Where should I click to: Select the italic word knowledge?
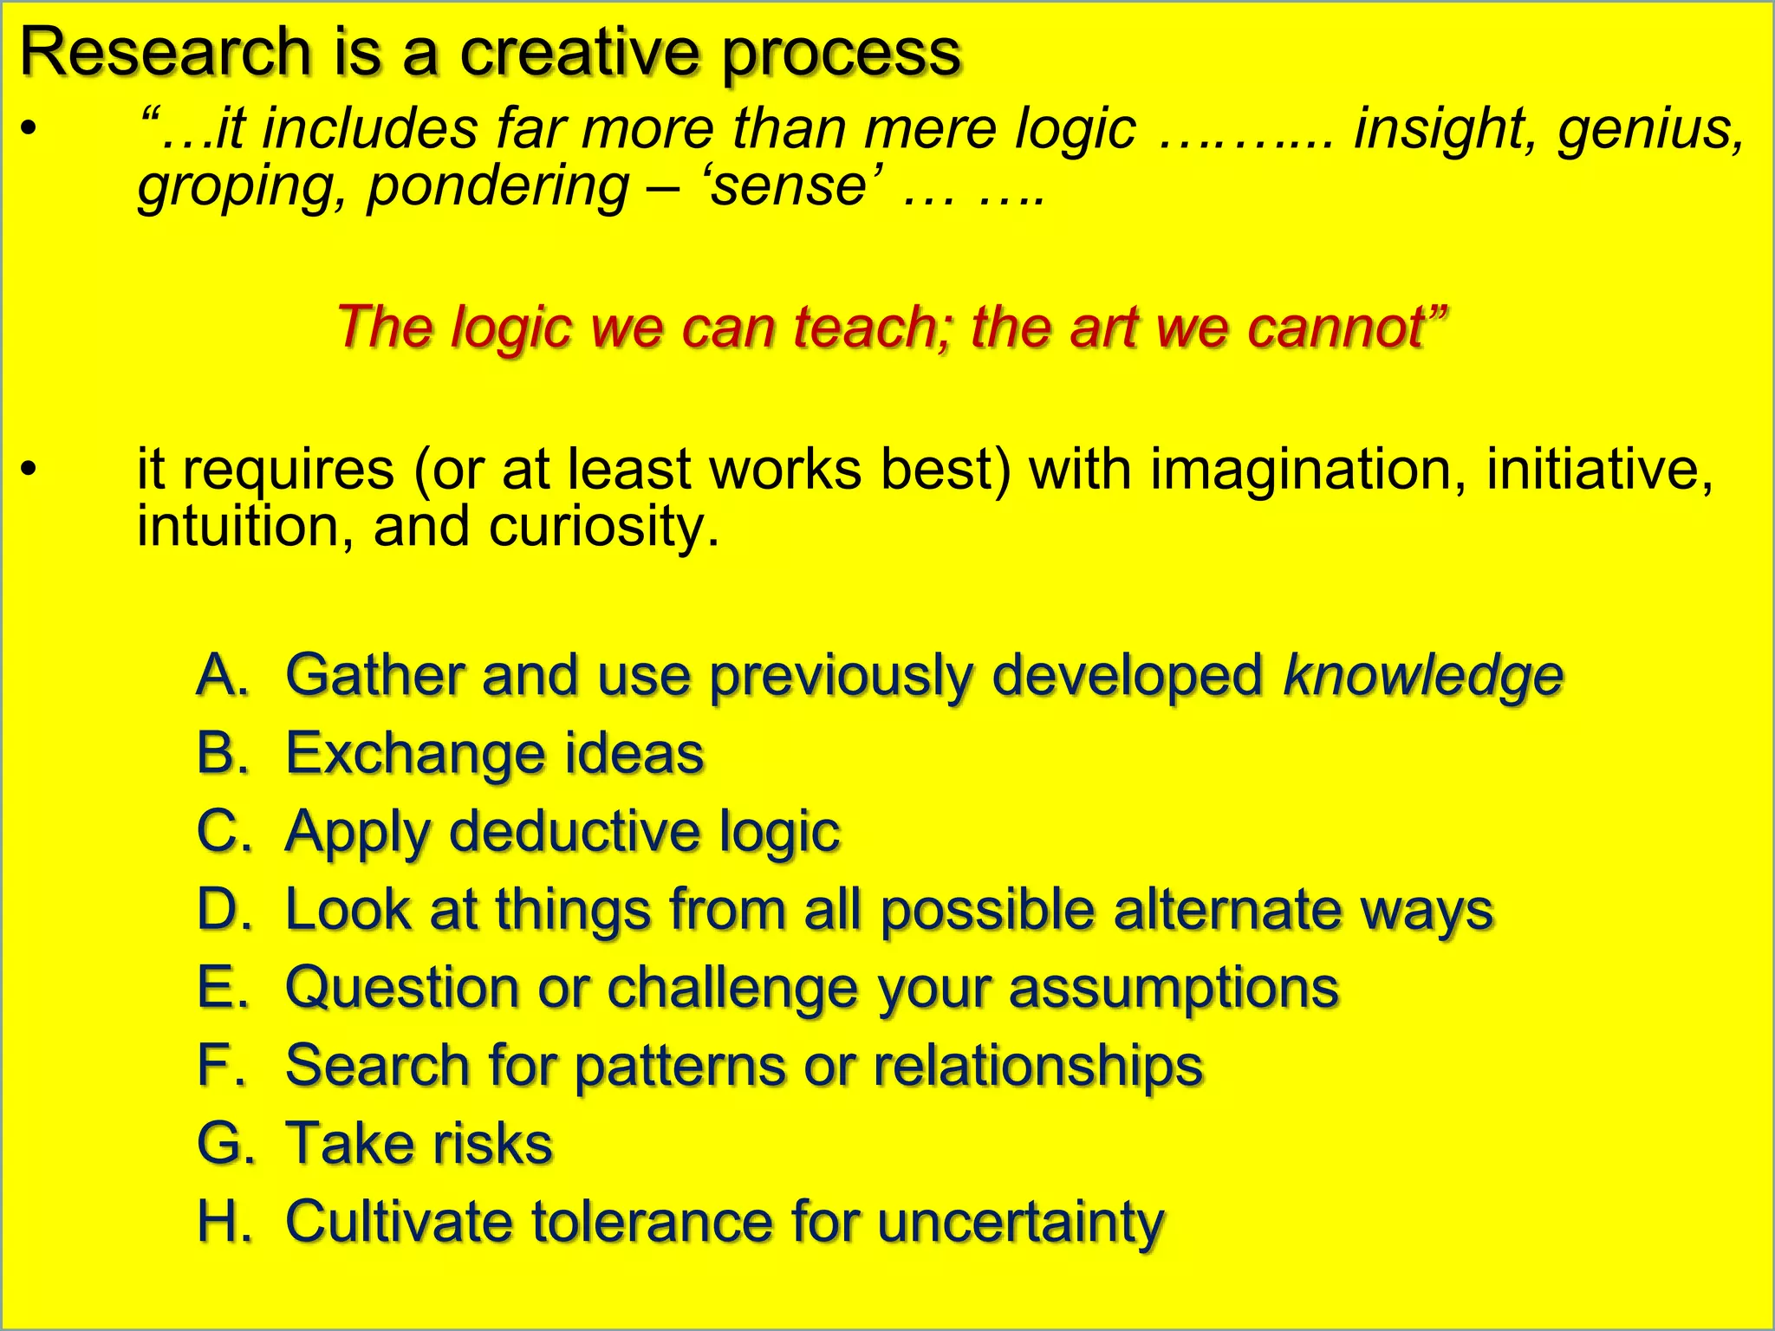pos(1422,675)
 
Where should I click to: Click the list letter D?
pos(223,909)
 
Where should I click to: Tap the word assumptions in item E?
pos(1174,988)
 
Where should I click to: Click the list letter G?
pos(224,1143)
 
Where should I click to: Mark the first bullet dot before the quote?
pos(29,130)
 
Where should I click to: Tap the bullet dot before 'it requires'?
pos(29,470)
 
